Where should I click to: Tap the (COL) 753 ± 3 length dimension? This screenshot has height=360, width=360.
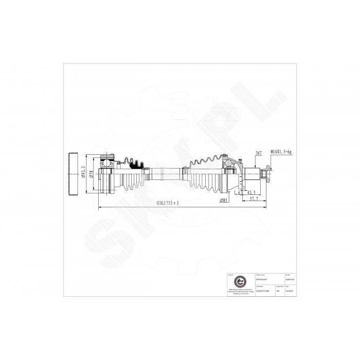(168, 204)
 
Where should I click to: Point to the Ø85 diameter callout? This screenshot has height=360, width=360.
(224, 200)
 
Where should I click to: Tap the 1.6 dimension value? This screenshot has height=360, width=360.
(237, 193)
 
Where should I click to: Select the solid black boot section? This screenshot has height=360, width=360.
(136, 165)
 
